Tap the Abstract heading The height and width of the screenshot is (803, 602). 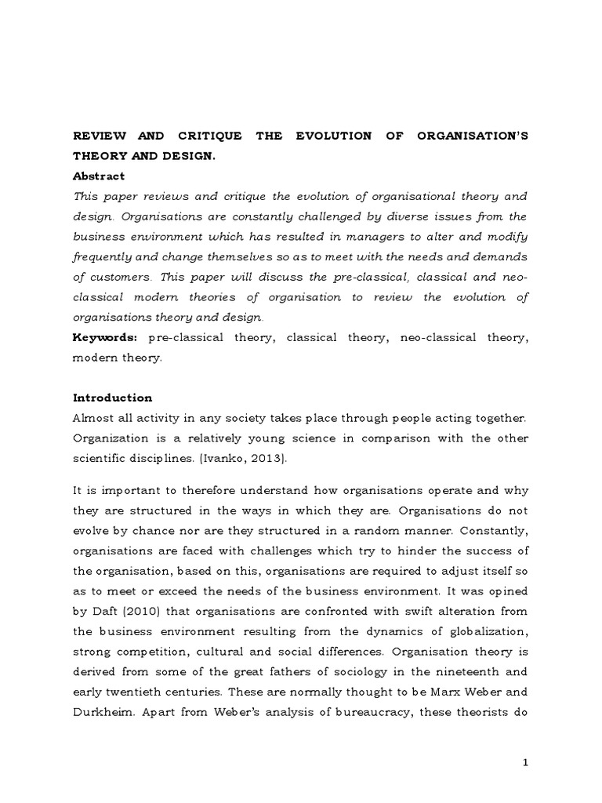pos(99,176)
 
